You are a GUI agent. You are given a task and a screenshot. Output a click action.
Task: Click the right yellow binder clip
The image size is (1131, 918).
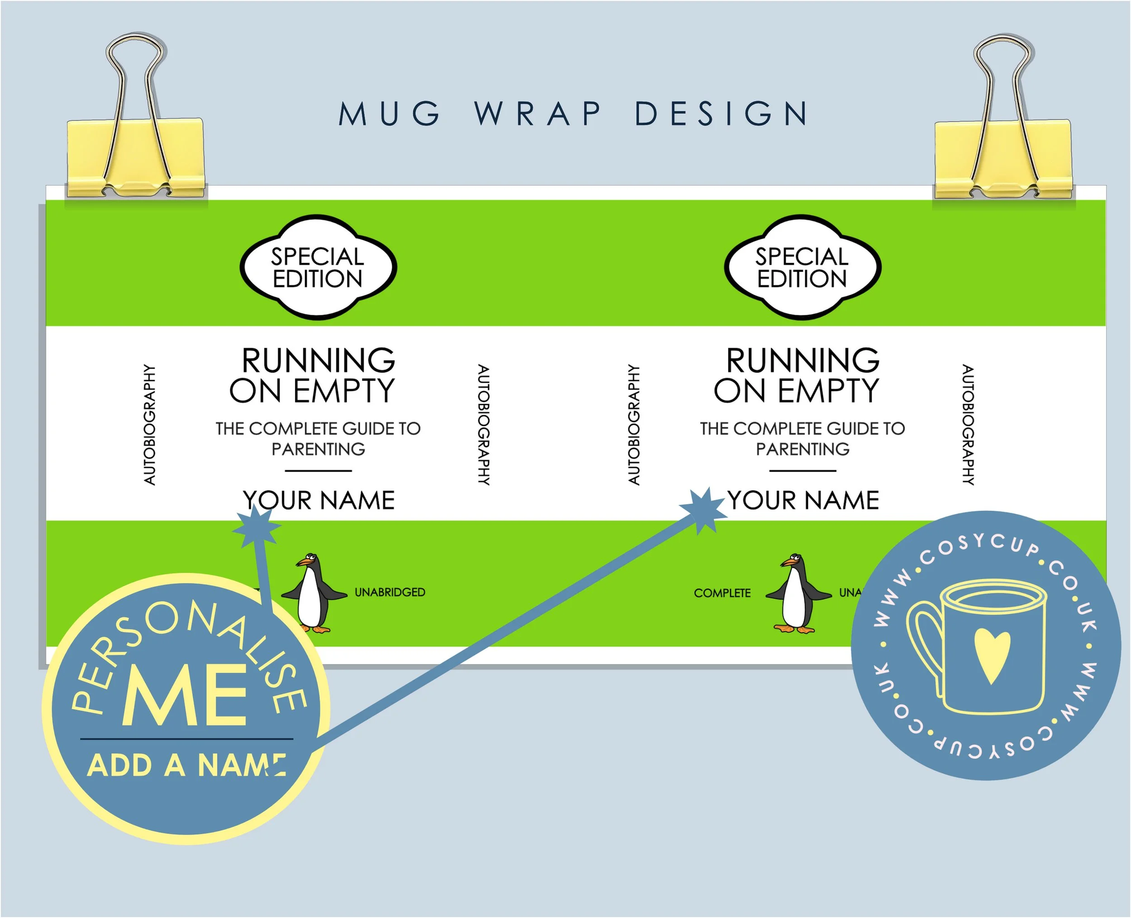coord(1003,156)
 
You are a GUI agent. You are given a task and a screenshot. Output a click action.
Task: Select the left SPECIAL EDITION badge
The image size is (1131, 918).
coord(318,268)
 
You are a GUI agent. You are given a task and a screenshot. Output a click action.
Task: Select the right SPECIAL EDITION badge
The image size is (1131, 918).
coord(802,268)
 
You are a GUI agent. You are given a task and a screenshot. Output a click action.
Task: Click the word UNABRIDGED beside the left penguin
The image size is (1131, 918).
coord(390,592)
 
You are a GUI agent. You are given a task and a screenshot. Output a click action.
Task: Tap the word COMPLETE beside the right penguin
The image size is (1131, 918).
coord(722,593)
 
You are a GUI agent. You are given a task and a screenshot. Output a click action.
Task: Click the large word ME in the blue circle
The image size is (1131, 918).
coord(185,696)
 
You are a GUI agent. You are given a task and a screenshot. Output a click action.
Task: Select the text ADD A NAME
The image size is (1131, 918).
coord(186,765)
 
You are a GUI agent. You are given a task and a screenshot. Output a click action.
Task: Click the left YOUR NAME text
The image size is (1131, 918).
coord(319,500)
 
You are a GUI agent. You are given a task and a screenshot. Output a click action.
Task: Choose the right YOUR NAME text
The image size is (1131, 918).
coord(803,500)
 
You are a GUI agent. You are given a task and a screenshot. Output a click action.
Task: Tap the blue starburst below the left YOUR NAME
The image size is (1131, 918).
coord(257,527)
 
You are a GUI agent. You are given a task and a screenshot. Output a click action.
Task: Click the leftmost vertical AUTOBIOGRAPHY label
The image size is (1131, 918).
coord(150,424)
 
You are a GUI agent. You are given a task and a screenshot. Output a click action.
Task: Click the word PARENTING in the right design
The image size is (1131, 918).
coord(803,450)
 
